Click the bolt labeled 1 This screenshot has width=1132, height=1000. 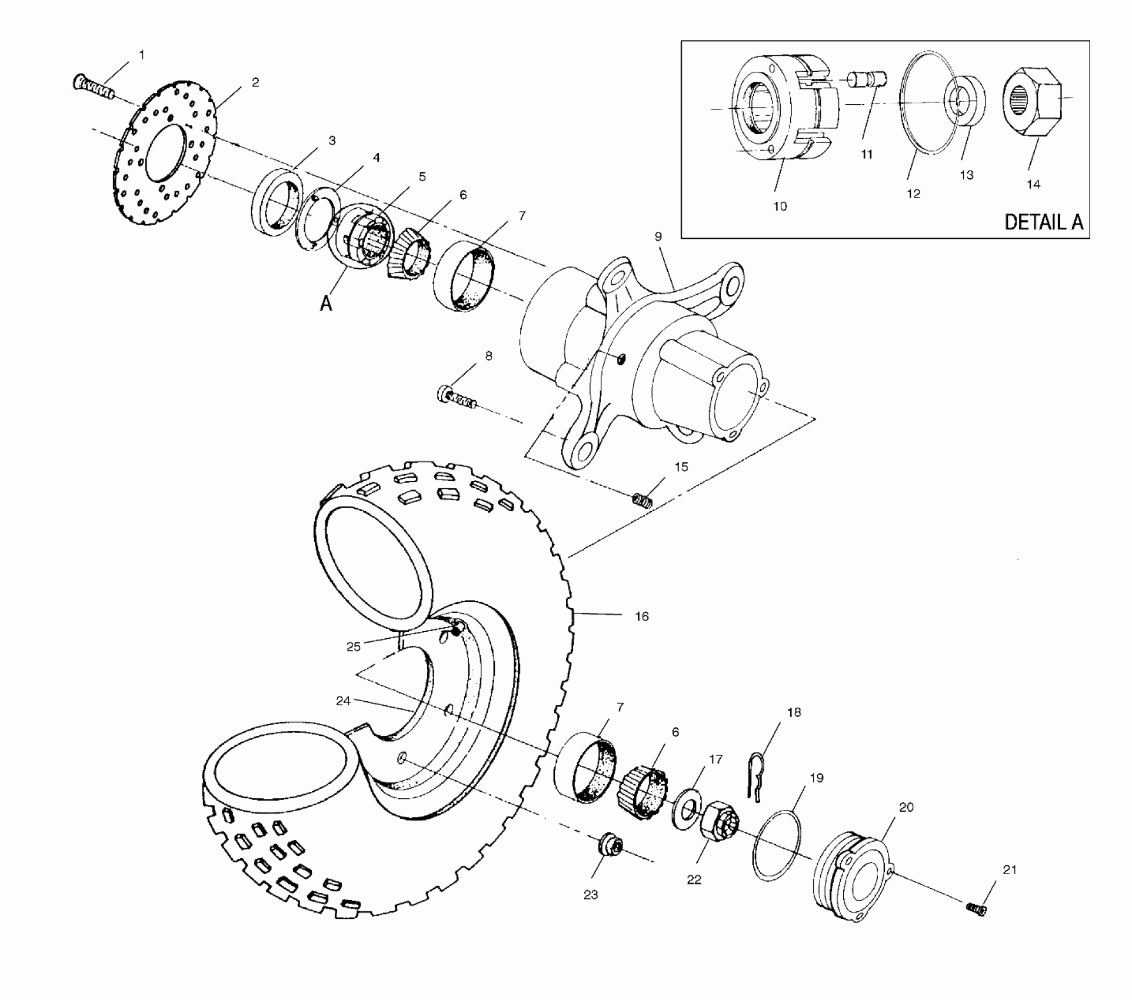click(92, 88)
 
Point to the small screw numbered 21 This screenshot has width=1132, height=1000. click(977, 926)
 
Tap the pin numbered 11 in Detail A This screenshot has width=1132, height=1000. click(867, 79)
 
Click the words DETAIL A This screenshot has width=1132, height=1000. click(1043, 222)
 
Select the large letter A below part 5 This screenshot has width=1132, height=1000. click(326, 304)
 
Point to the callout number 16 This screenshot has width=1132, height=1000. click(641, 616)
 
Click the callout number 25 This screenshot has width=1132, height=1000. click(353, 647)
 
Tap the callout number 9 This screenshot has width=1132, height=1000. click(658, 236)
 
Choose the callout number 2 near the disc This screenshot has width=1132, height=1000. click(255, 83)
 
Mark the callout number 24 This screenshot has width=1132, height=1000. click(343, 701)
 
